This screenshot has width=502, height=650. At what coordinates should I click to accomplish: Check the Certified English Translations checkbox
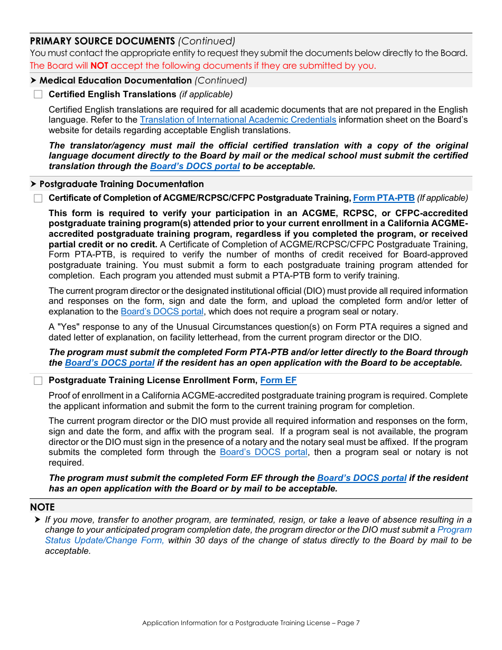[38, 95]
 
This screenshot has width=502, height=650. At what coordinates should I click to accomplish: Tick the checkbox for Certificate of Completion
[38, 198]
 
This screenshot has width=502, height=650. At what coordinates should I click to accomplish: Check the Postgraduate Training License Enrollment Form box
[38, 380]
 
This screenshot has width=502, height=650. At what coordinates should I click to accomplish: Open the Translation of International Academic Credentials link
[238, 120]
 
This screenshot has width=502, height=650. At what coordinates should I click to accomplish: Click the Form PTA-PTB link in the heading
[384, 198]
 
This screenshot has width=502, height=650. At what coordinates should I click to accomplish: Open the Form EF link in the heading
[278, 380]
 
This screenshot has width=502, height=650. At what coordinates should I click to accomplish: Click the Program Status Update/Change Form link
[454, 530]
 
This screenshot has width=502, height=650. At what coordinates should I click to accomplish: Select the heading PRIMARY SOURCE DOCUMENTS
[102, 41]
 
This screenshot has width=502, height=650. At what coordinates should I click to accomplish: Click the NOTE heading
[42, 507]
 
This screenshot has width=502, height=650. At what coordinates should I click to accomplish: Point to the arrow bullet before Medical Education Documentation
[33, 80]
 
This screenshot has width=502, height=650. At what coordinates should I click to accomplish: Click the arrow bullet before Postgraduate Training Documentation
[33, 184]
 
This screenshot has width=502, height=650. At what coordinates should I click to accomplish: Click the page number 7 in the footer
[358, 623]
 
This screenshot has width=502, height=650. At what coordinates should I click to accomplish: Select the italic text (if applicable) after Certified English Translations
[206, 95]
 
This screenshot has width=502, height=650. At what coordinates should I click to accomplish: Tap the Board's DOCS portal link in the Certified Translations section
[195, 166]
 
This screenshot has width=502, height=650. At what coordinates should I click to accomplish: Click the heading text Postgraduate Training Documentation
[122, 184]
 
